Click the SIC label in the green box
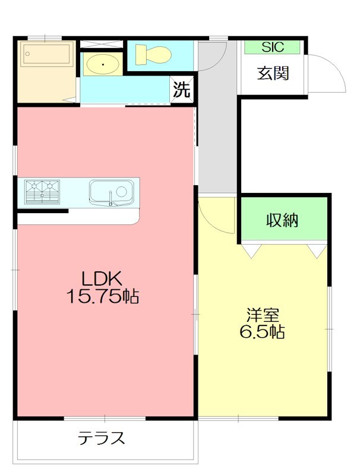(273, 47)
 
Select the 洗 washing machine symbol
(181, 90)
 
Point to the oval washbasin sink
(102, 64)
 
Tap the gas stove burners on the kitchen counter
(42, 191)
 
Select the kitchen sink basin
(111, 192)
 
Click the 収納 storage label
(282, 220)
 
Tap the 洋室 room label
(263, 314)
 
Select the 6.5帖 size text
(262, 332)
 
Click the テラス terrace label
(102, 439)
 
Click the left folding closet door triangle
(251, 251)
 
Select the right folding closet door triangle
(318, 251)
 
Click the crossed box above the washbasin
(102, 44)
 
